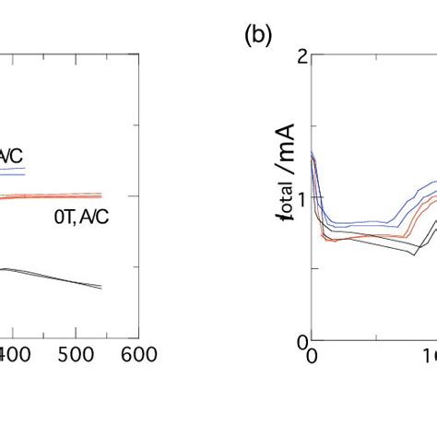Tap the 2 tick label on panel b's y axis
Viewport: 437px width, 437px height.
click(300, 54)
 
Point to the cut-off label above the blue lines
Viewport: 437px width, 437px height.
click(13, 158)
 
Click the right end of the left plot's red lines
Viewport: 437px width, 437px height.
click(100, 195)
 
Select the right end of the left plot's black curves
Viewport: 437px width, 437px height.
click(100, 288)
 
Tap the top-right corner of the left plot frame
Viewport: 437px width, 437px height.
click(136, 54)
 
